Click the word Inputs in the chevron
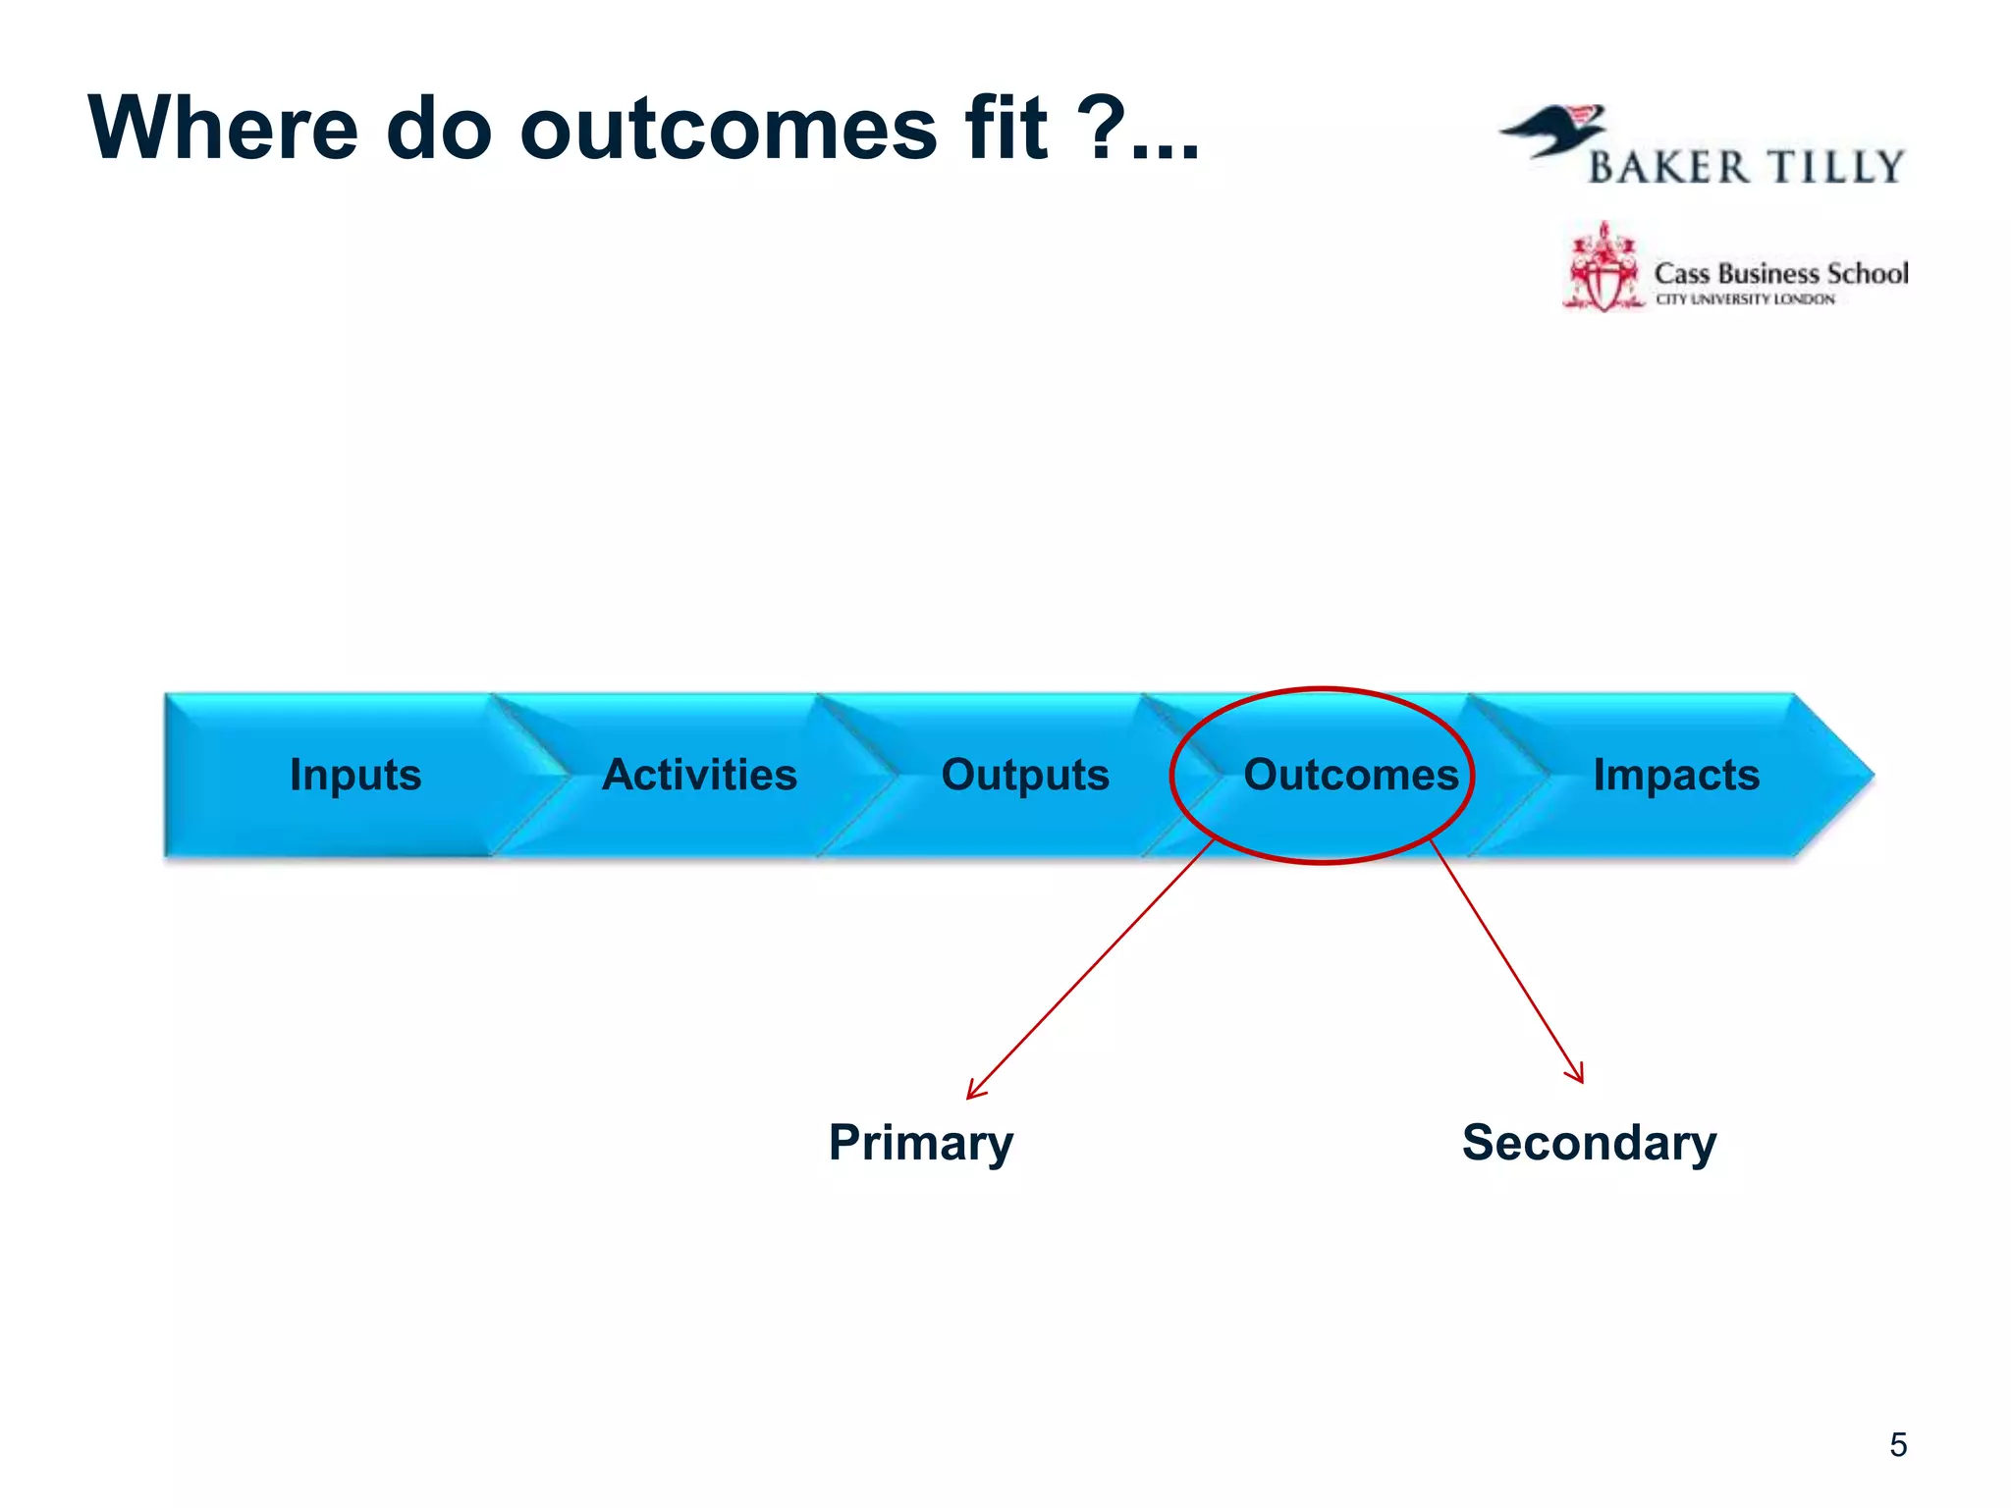point(355,775)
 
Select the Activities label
point(699,775)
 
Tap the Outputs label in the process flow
point(1025,775)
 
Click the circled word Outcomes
point(1350,775)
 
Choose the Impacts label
point(1675,775)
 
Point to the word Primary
point(920,1143)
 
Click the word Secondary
point(1589,1143)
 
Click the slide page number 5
point(1897,1445)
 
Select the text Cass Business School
point(1780,273)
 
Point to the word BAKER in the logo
point(1668,168)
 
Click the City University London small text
point(1745,299)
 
